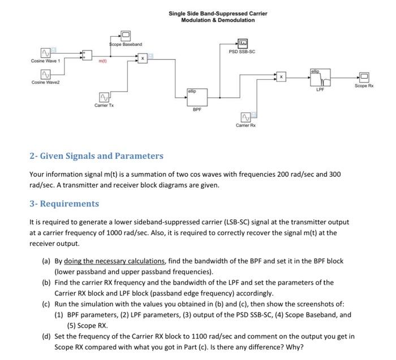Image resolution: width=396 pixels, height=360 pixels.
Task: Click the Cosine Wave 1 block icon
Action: click(45, 53)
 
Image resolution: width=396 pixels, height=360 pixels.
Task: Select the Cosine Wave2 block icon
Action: click(45, 74)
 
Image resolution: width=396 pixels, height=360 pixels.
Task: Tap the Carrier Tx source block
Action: click(104, 98)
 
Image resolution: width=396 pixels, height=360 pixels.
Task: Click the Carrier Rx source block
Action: click(246, 117)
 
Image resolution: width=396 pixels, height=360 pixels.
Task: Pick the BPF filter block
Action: click(195, 96)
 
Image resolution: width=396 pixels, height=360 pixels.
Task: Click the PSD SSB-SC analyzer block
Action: click(242, 42)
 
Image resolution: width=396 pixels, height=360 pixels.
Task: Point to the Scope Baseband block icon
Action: click(126, 36)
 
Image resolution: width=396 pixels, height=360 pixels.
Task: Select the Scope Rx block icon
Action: click(364, 77)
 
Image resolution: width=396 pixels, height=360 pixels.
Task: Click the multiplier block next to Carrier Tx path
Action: click(143, 58)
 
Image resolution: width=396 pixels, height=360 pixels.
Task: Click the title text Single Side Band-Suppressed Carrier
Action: click(218, 13)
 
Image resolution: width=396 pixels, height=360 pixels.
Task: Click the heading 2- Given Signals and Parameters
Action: click(96, 155)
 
